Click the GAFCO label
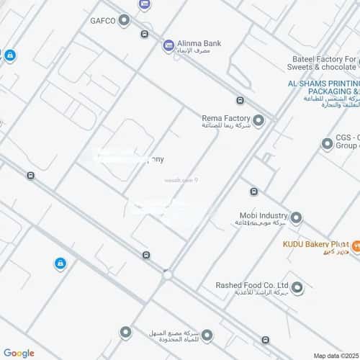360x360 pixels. click(x=102, y=20)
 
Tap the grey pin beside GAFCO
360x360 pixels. click(x=124, y=20)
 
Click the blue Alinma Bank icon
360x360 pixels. click(x=168, y=45)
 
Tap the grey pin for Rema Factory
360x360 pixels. click(x=258, y=120)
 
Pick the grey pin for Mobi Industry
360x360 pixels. click(x=295, y=217)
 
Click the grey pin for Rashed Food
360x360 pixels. click(x=297, y=289)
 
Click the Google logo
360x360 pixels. click(x=19, y=353)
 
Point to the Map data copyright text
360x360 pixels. click(x=336, y=355)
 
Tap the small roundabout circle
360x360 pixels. click(x=167, y=274)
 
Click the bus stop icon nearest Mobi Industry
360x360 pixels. click(x=253, y=192)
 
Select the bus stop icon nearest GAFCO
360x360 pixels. click(x=145, y=33)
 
